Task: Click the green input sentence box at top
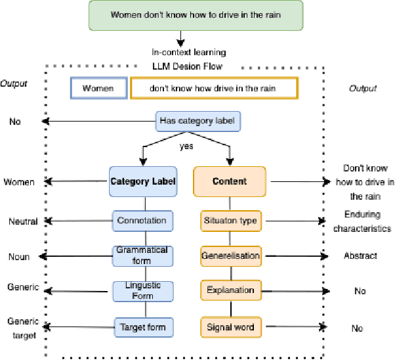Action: (197, 14)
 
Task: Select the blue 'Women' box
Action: (99, 88)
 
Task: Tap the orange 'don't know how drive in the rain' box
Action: (214, 88)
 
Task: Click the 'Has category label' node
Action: (199, 121)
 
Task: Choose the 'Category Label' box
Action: (143, 181)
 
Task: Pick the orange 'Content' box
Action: (230, 181)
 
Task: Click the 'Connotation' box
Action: (142, 221)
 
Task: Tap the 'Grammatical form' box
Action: (142, 256)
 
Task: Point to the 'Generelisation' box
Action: (229, 256)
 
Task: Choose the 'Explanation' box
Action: (229, 290)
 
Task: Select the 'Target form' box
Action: (142, 326)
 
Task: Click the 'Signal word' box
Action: (229, 326)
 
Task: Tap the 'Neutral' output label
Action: (23, 221)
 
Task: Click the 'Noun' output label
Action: (19, 257)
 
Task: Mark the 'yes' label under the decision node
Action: (186, 146)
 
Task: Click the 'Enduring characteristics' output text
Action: (362, 221)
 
